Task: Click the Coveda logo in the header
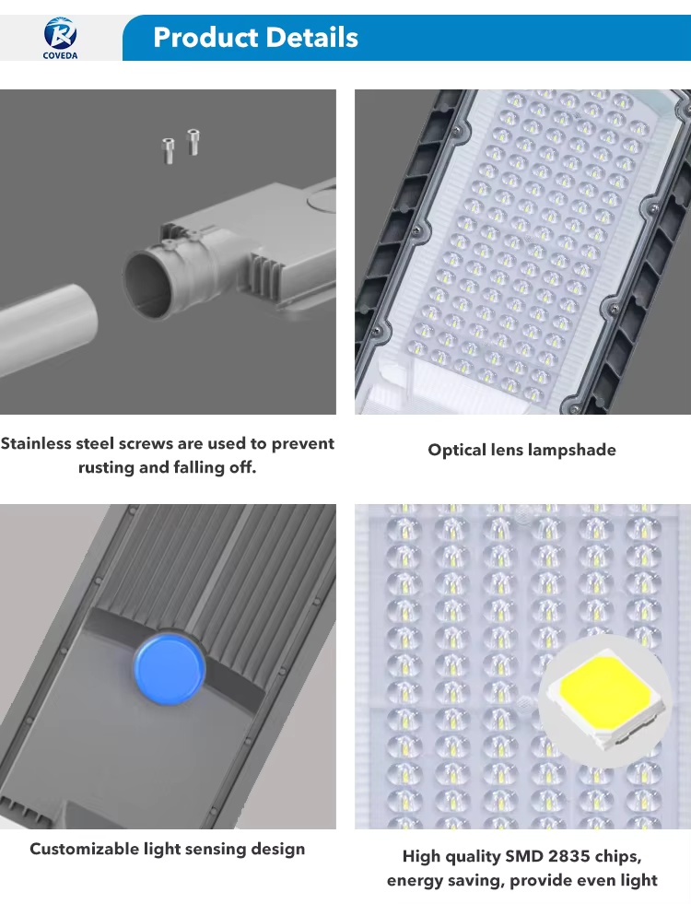pos(60,38)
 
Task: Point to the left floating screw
pos(168,151)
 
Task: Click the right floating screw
pos(193,142)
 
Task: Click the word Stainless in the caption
pos(35,443)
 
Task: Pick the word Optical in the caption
pos(456,450)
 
